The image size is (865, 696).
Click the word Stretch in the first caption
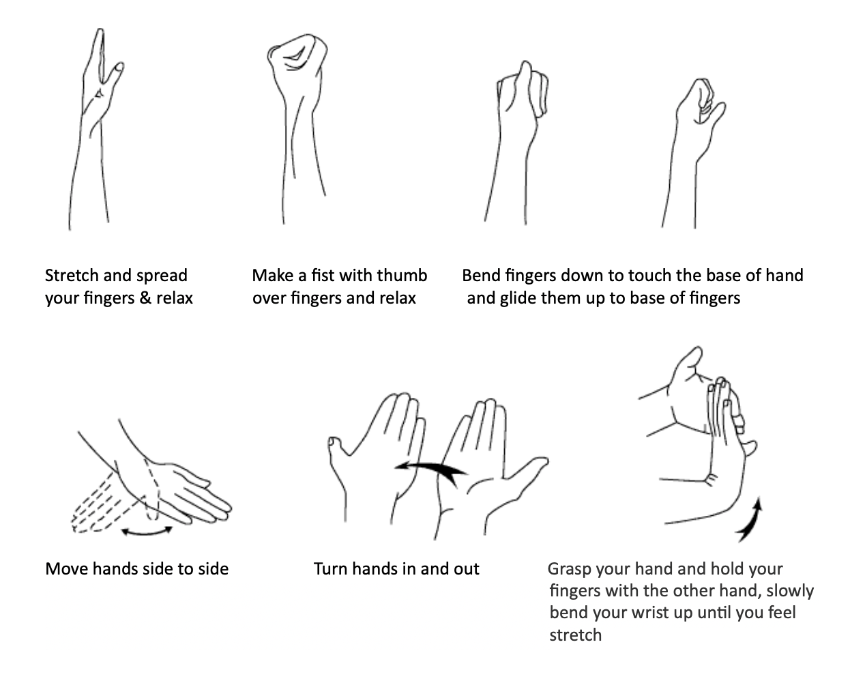[71, 276]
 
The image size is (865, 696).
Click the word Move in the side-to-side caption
[66, 569]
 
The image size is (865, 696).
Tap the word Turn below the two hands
[330, 569]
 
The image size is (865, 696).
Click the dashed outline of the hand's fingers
[100, 505]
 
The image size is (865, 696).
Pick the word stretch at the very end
[575, 636]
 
